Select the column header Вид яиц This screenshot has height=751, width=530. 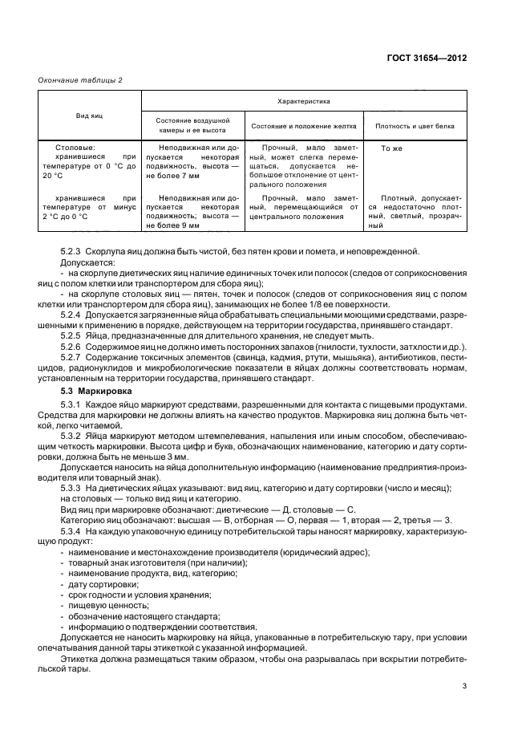click(89, 116)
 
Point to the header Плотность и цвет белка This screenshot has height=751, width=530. click(415, 127)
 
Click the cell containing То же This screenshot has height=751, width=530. click(390, 148)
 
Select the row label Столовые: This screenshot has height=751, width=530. click(76, 148)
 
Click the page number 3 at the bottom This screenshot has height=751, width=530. click(463, 686)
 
